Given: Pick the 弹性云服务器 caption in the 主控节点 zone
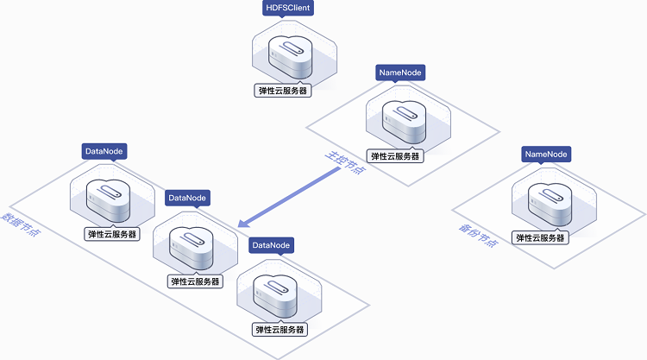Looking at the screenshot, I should (x=395, y=156).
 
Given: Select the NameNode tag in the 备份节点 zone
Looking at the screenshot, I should (x=546, y=154).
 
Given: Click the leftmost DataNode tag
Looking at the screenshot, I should (x=104, y=151).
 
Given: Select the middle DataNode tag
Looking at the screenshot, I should (x=187, y=198).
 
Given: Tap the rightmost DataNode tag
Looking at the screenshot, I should (x=272, y=246).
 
